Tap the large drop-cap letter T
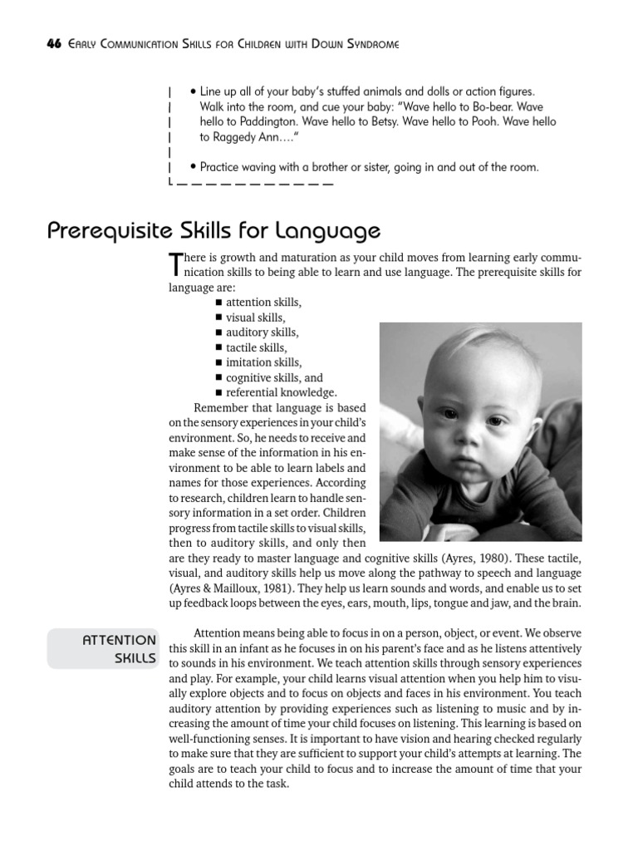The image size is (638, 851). tap(174, 264)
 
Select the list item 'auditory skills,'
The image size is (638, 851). tap(262, 332)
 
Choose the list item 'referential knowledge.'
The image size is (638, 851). tap(281, 392)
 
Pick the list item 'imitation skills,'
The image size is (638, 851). tap(263, 362)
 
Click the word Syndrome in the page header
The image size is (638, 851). tap(367, 43)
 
